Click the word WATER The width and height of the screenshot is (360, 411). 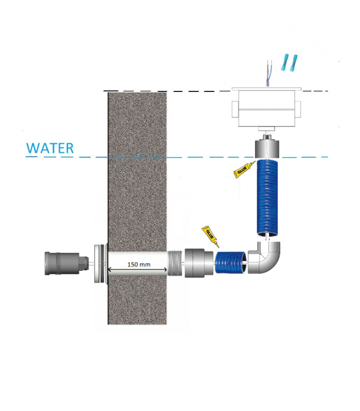(50, 148)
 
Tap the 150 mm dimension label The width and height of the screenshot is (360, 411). (139, 265)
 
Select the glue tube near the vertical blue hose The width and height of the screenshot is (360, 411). (244, 170)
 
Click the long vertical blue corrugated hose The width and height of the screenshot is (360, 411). (267, 198)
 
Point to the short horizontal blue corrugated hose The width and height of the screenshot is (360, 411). (231, 262)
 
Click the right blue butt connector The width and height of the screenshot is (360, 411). (294, 63)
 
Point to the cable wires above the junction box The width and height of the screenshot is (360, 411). (268, 73)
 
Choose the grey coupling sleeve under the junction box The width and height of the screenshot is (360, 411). (266, 150)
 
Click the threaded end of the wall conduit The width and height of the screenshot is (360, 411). (175, 263)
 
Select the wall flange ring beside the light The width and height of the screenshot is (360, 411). (100, 263)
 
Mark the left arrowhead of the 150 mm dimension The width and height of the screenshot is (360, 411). (109, 269)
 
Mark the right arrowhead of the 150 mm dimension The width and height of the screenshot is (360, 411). (165, 269)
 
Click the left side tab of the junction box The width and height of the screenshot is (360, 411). (235, 109)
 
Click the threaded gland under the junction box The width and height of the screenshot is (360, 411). (266, 137)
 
